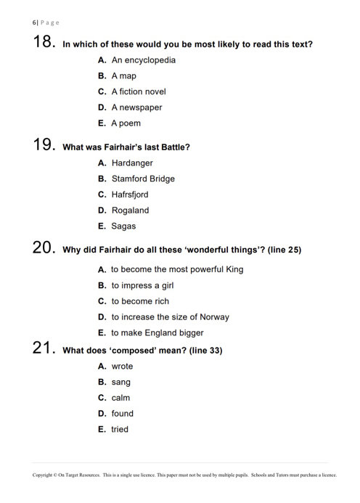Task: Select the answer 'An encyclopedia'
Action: point(143,60)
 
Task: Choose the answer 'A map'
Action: point(123,76)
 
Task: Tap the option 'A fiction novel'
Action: point(138,92)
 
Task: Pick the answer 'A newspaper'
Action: point(136,107)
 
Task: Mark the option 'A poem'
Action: point(126,123)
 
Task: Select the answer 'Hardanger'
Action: point(131,163)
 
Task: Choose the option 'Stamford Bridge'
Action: point(142,179)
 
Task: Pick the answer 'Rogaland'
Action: point(130,210)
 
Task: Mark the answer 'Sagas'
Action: point(123,226)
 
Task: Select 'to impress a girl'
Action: point(142,285)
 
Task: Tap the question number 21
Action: point(44,349)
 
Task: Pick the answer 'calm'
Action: point(120,398)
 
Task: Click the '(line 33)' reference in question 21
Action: point(205,351)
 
